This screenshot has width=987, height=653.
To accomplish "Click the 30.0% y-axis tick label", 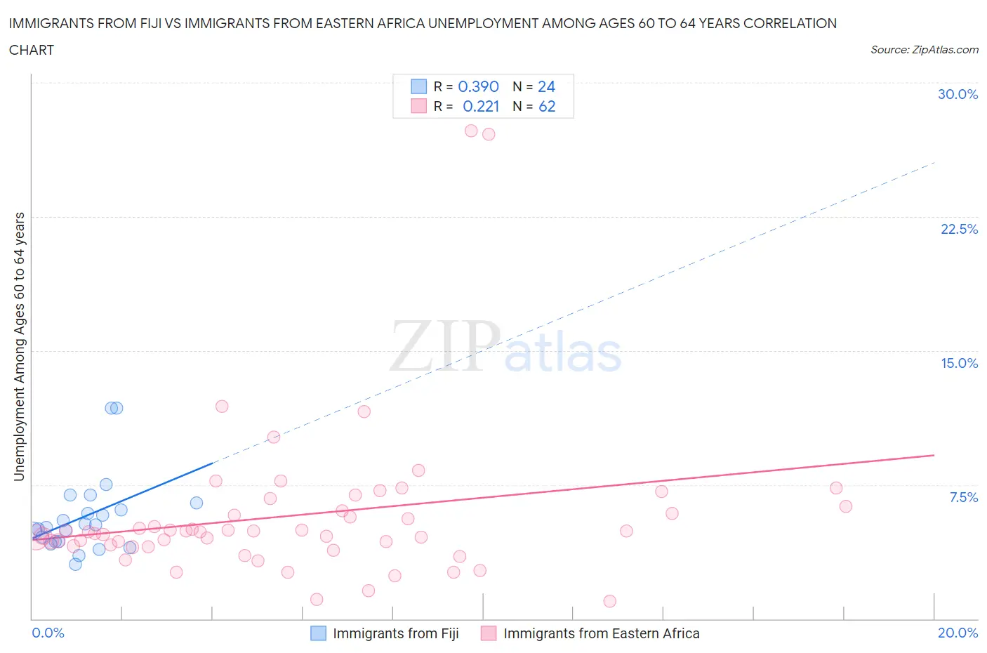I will (x=958, y=94).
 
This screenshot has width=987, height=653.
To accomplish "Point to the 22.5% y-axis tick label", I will (x=959, y=229).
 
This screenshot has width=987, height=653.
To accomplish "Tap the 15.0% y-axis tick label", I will (x=959, y=363).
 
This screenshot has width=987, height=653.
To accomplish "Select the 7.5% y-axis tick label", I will (x=963, y=497).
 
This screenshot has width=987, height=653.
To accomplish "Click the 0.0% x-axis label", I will (x=48, y=633).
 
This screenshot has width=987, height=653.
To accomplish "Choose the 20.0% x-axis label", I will (x=958, y=633).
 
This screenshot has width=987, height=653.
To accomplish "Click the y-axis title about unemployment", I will (x=19, y=346).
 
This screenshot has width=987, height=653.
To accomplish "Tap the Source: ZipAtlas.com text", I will (x=924, y=49).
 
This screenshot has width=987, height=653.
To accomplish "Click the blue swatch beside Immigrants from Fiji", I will (x=318, y=633).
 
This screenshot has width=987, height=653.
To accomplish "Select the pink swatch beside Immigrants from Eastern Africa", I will (x=489, y=633).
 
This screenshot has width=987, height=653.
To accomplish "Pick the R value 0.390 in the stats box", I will (x=478, y=86).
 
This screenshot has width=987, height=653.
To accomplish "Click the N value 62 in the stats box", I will (x=547, y=106).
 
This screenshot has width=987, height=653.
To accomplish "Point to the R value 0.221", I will (x=481, y=106).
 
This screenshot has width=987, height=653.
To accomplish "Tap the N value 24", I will (x=546, y=86).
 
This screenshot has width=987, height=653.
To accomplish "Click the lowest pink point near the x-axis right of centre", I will (x=609, y=601).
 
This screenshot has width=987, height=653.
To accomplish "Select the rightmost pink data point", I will (x=846, y=506).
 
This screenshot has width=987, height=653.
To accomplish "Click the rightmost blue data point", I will (x=197, y=503).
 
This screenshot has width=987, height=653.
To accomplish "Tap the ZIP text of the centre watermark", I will (x=445, y=345).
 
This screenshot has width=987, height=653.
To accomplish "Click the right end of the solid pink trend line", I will (x=934, y=456).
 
